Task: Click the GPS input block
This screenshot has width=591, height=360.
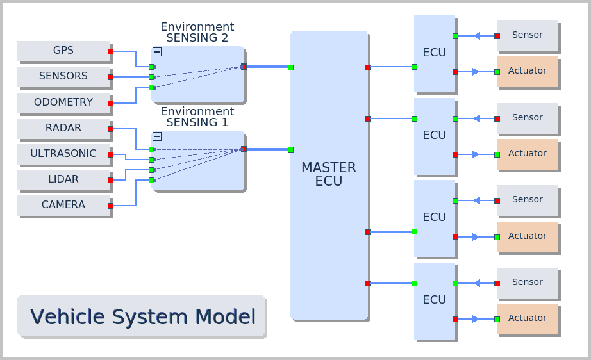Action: pyautogui.click(x=63, y=51)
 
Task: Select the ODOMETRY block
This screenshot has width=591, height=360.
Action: pyautogui.click(x=63, y=102)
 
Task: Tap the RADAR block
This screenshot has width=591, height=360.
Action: pyautogui.click(x=63, y=128)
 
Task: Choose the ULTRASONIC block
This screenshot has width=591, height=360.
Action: pyautogui.click(x=63, y=154)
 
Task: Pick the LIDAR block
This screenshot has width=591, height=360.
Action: pyautogui.click(x=63, y=179)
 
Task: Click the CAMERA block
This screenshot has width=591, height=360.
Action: pyautogui.click(x=63, y=205)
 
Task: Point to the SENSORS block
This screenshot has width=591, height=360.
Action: pyautogui.click(x=63, y=76)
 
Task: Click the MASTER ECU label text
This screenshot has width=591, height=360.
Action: pyautogui.click(x=329, y=174)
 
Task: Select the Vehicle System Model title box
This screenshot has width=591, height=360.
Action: pyautogui.click(x=142, y=316)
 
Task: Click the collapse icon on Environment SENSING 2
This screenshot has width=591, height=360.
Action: pyautogui.click(x=157, y=52)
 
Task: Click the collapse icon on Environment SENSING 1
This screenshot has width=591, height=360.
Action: pyautogui.click(x=157, y=136)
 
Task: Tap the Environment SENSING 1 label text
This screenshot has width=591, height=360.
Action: pyautogui.click(x=197, y=117)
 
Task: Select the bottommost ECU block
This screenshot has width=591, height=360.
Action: pyautogui.click(x=434, y=300)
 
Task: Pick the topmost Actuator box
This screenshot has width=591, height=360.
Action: pyautogui.click(x=527, y=71)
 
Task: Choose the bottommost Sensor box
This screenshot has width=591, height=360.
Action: pyautogui.click(x=527, y=282)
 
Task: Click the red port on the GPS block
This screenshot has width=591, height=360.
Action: pyautogui.click(x=110, y=51)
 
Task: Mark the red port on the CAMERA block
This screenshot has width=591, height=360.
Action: pyautogui.click(x=110, y=206)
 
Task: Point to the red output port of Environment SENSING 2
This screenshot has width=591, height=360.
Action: pyautogui.click(x=244, y=67)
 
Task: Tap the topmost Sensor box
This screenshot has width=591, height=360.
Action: pyautogui.click(x=527, y=35)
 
